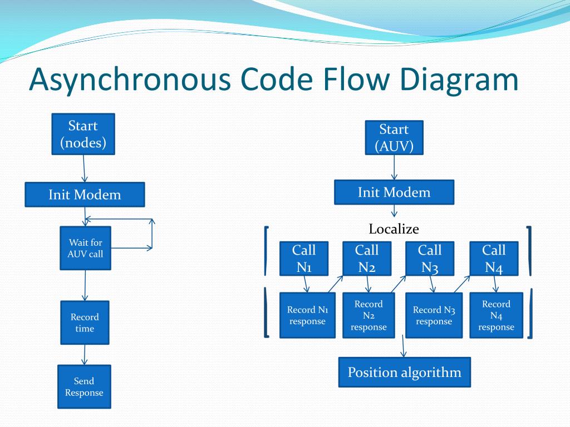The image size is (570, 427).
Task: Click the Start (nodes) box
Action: point(83,134)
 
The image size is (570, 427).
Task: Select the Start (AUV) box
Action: point(394,138)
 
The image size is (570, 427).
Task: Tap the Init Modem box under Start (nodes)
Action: point(85,195)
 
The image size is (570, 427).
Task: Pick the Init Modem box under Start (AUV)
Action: point(394,192)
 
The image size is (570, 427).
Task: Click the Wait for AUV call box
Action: point(85,248)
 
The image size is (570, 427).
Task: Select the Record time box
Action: point(85,322)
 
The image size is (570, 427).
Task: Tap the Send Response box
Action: point(84,387)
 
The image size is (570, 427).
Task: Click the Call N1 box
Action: point(304,259)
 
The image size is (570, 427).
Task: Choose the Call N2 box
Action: point(367,259)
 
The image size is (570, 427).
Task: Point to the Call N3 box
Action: point(430,259)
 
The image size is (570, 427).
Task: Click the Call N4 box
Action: point(494,259)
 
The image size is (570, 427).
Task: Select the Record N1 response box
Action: point(307,315)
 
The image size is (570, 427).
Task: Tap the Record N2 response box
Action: point(368,315)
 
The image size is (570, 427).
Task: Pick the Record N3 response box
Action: point(434,315)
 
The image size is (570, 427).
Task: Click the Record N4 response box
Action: point(496,315)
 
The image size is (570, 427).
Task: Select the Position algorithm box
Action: point(405,372)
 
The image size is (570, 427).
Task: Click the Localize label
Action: point(394,229)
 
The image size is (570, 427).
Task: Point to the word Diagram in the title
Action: point(459,80)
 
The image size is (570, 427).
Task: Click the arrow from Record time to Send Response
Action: point(85,355)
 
